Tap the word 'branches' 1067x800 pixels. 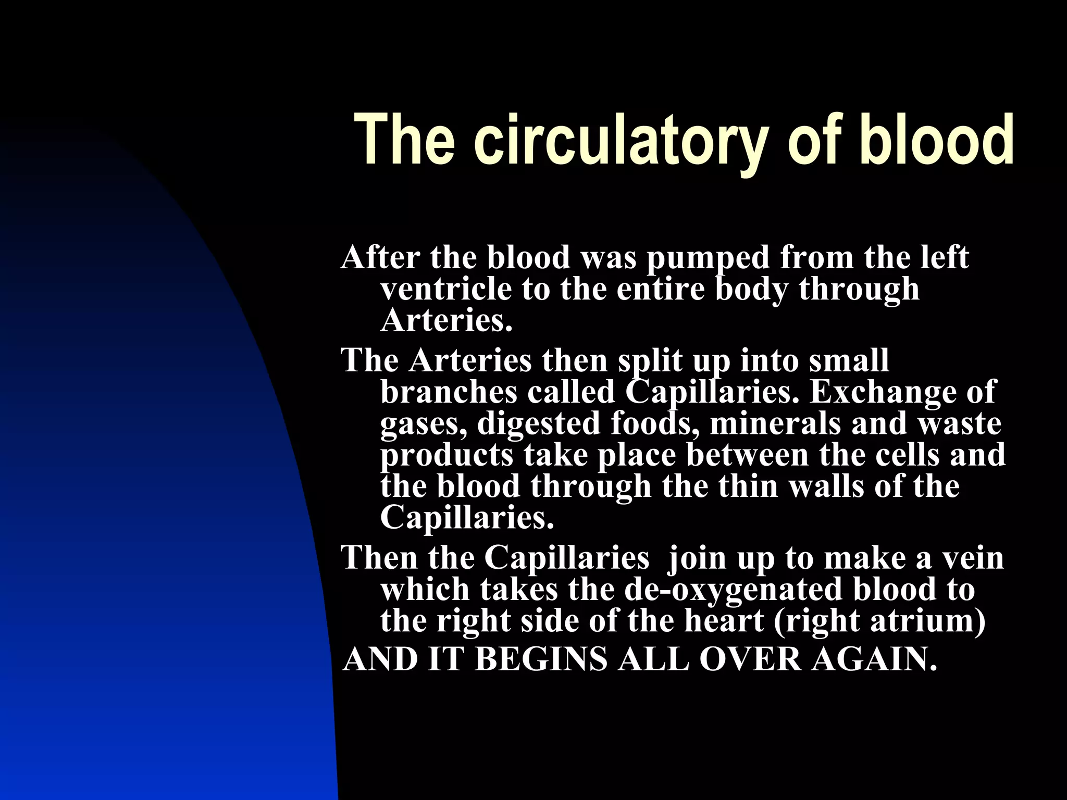pos(449,392)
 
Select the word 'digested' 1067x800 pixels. pos(539,423)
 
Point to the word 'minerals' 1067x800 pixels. pos(776,423)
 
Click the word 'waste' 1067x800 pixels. pos(959,423)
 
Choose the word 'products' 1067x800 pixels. pos(446,455)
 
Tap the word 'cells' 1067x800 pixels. pos(907,455)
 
